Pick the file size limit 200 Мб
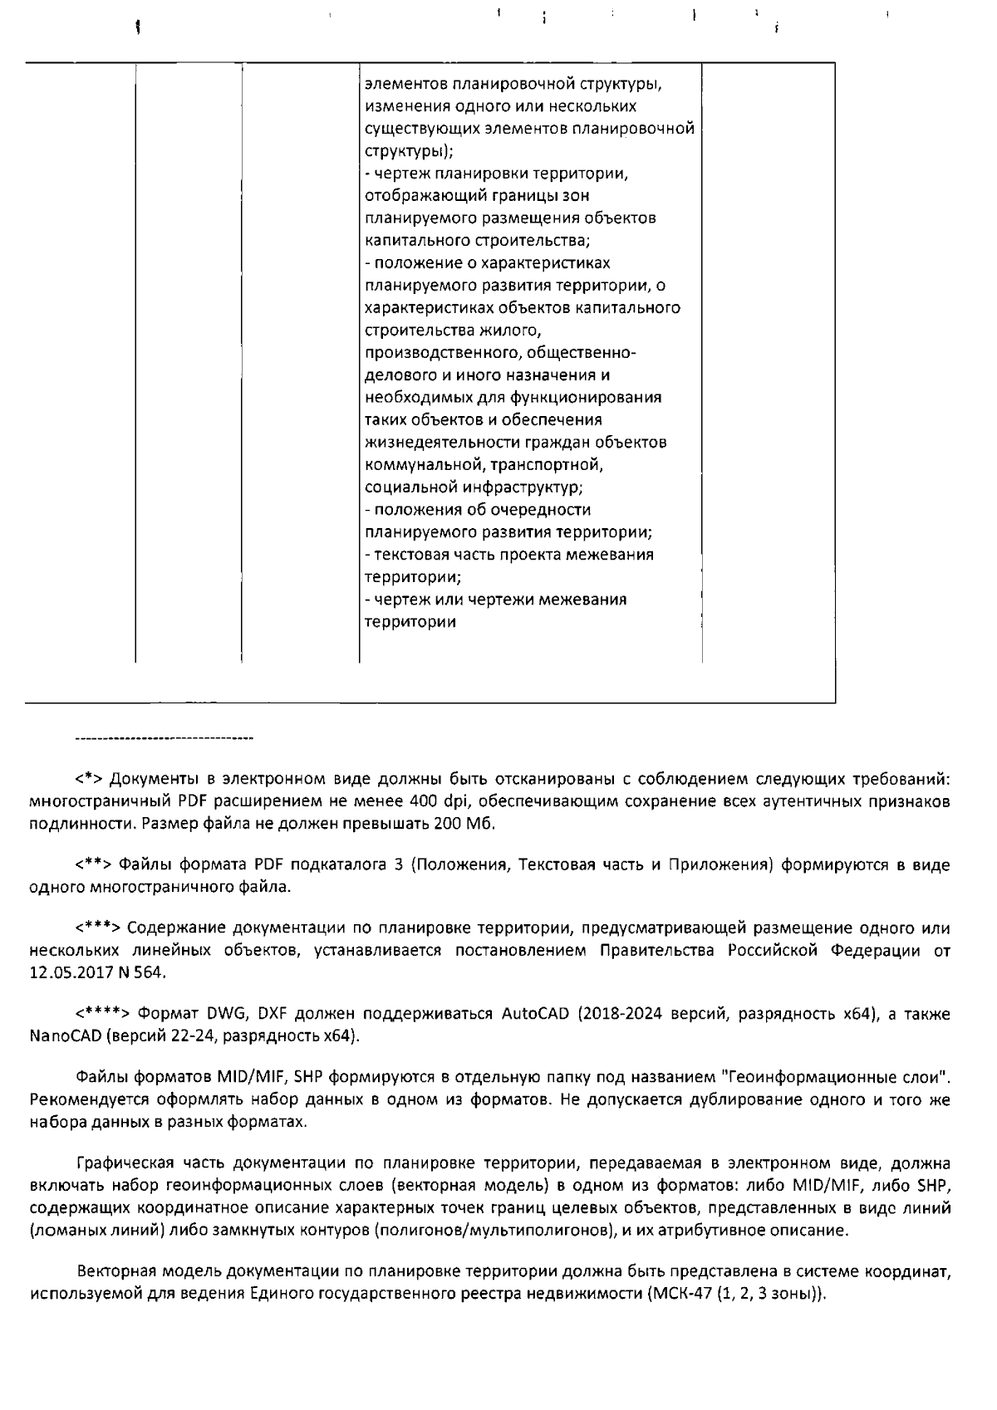point(464,824)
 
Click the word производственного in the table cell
point(440,353)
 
